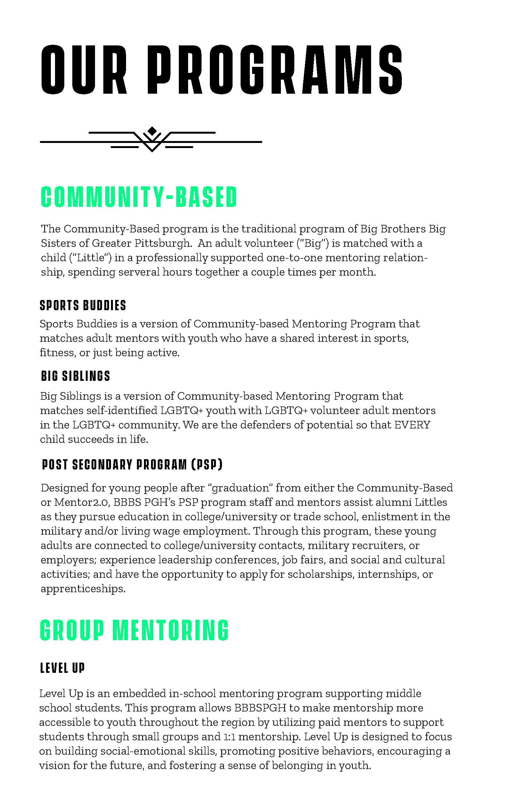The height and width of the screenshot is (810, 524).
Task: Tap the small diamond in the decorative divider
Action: (x=152, y=130)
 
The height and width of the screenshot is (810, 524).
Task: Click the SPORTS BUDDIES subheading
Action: (x=83, y=305)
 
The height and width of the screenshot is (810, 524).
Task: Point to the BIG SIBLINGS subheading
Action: (x=75, y=376)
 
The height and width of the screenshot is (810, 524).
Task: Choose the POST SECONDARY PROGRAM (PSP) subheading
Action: (x=132, y=465)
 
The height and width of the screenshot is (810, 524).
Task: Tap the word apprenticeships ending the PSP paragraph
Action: (x=83, y=589)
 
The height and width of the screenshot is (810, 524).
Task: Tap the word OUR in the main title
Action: (x=84, y=70)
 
